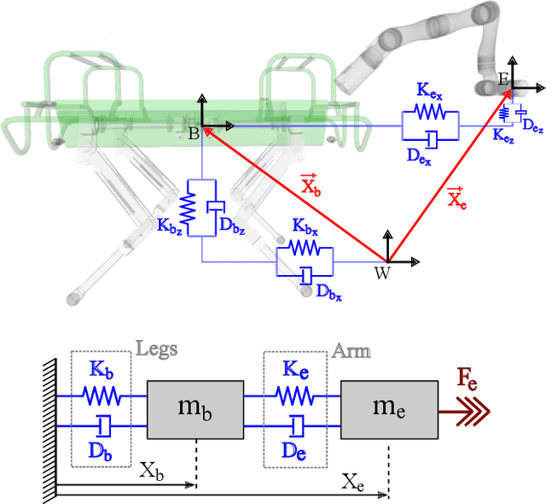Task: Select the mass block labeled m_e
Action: coord(389,407)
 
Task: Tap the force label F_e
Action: coord(466,381)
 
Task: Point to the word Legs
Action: coord(156,349)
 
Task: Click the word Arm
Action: coord(351,350)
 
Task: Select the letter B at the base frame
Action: coord(193,134)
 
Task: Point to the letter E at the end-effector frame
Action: coord(503,79)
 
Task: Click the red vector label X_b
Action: coord(310,183)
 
